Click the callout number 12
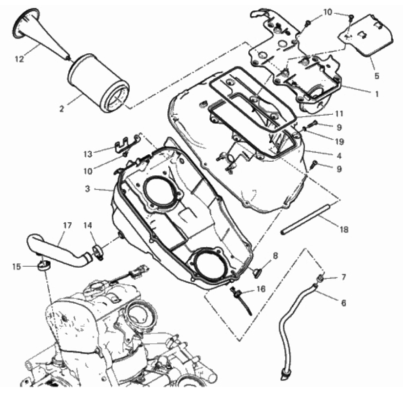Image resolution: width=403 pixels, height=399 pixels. [x=20, y=59]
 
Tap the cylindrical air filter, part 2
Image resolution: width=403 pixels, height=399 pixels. [x=99, y=83]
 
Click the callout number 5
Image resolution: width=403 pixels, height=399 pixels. [x=377, y=76]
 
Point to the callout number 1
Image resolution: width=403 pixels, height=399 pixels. [x=377, y=94]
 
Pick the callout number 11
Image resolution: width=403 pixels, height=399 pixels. [x=339, y=113]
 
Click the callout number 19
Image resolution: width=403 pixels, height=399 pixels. [x=339, y=141]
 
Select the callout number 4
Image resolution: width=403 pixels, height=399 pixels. [x=339, y=156]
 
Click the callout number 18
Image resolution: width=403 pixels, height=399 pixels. [x=344, y=229]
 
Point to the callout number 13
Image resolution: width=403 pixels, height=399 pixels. [x=88, y=154]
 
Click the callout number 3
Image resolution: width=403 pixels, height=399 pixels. [x=88, y=189]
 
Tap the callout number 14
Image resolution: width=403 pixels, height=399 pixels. [x=88, y=225]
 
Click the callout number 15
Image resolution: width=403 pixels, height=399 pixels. [x=16, y=267]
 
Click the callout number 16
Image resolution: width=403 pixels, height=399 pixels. [x=261, y=289]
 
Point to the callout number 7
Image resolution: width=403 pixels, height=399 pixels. [x=344, y=277]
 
